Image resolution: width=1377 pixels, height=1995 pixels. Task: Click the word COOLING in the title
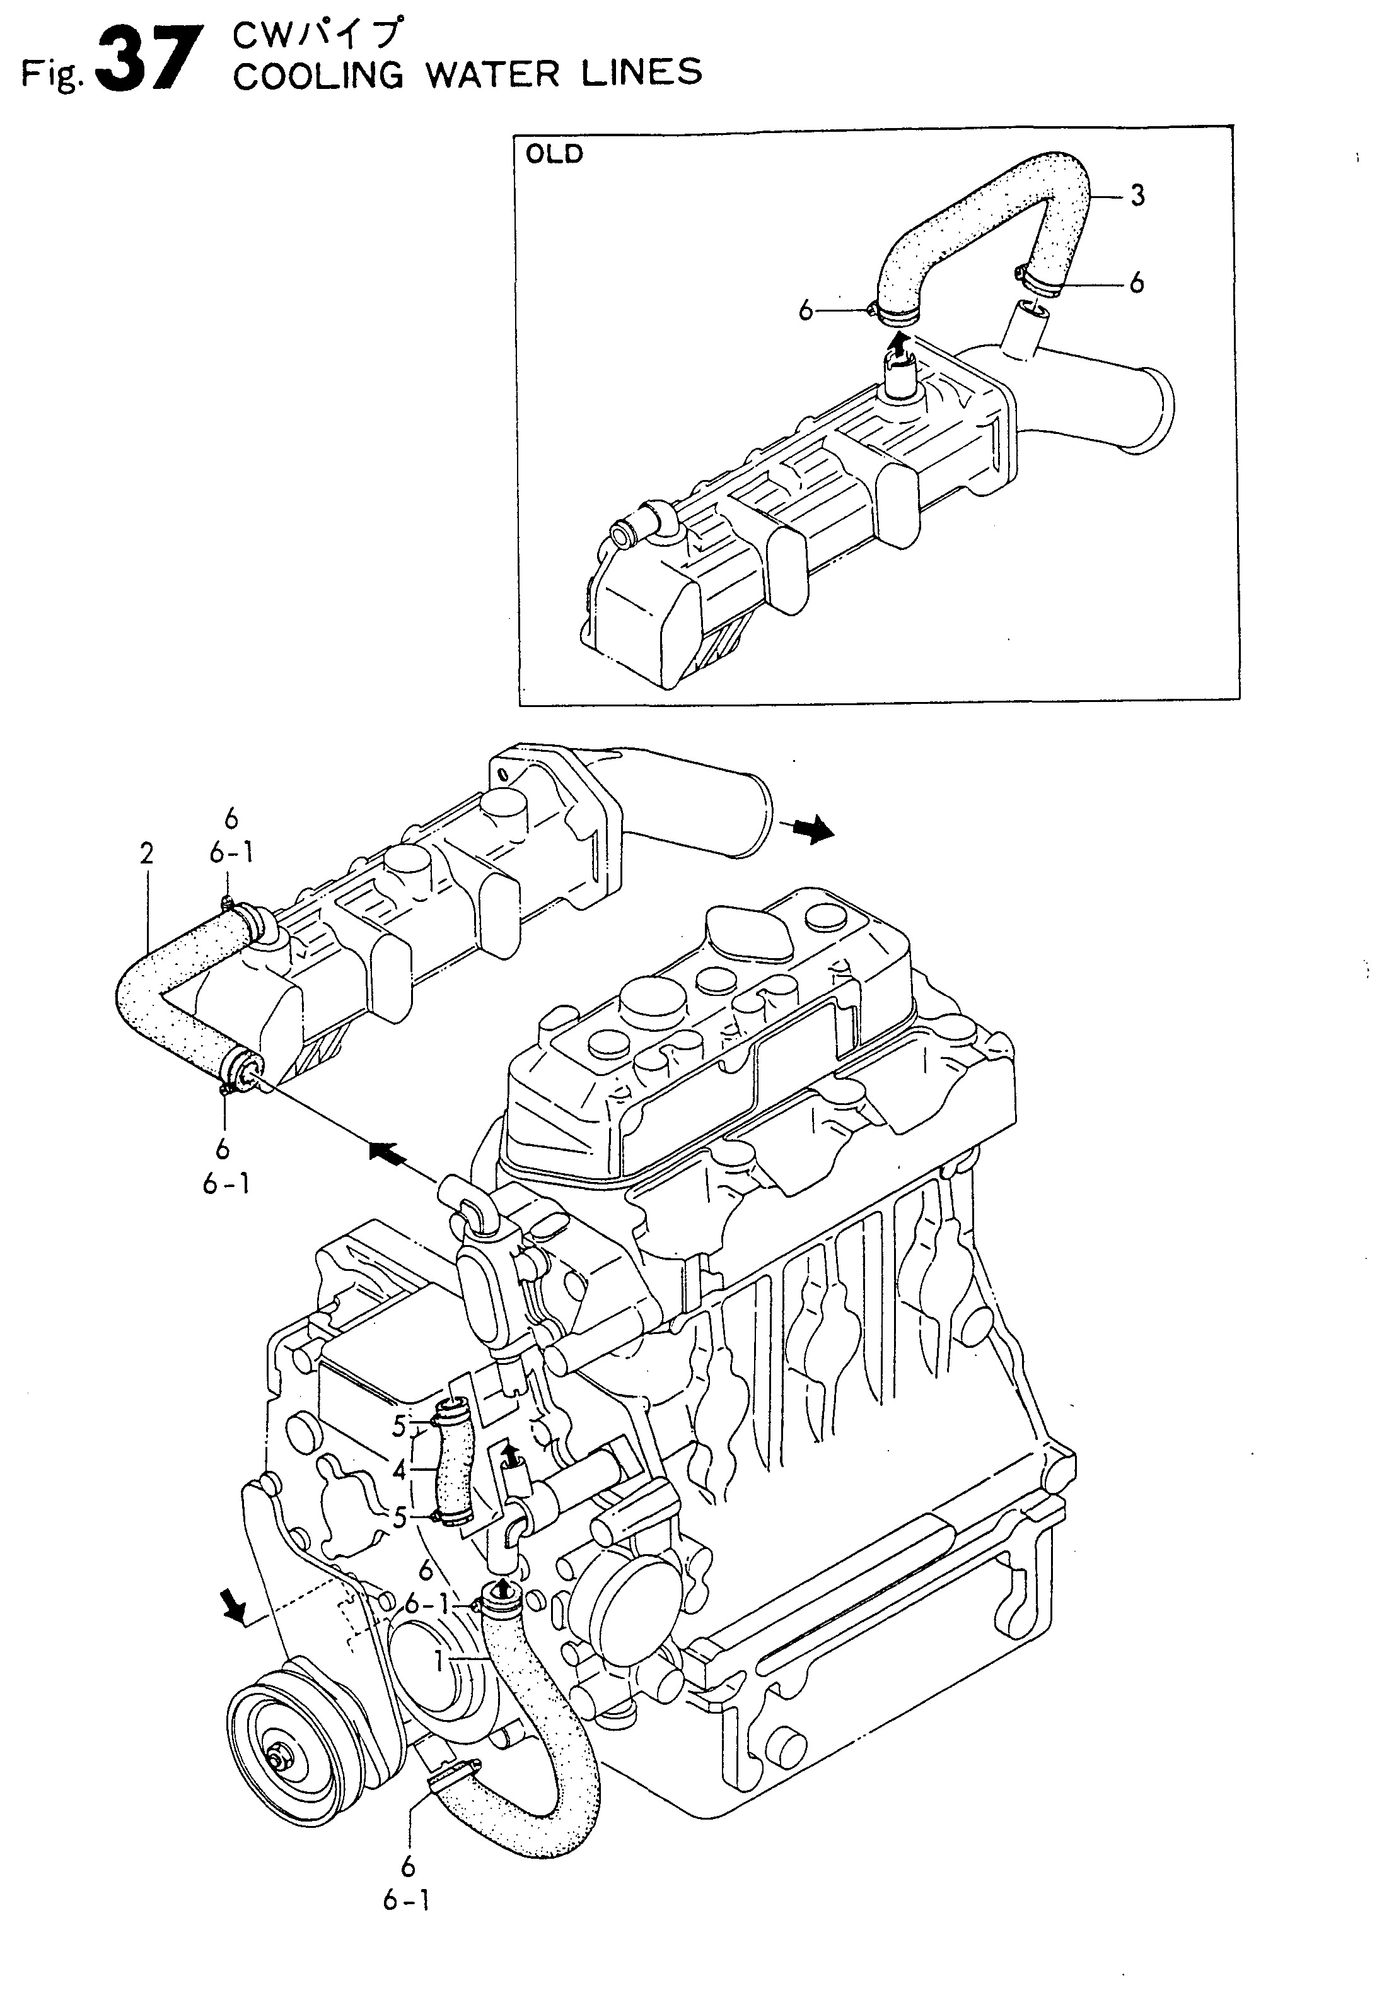pos(318,75)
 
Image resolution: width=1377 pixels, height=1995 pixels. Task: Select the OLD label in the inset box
pos(555,155)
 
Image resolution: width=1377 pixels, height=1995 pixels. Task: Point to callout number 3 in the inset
pos(1137,196)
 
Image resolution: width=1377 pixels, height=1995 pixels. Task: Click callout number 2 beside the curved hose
pos(147,853)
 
